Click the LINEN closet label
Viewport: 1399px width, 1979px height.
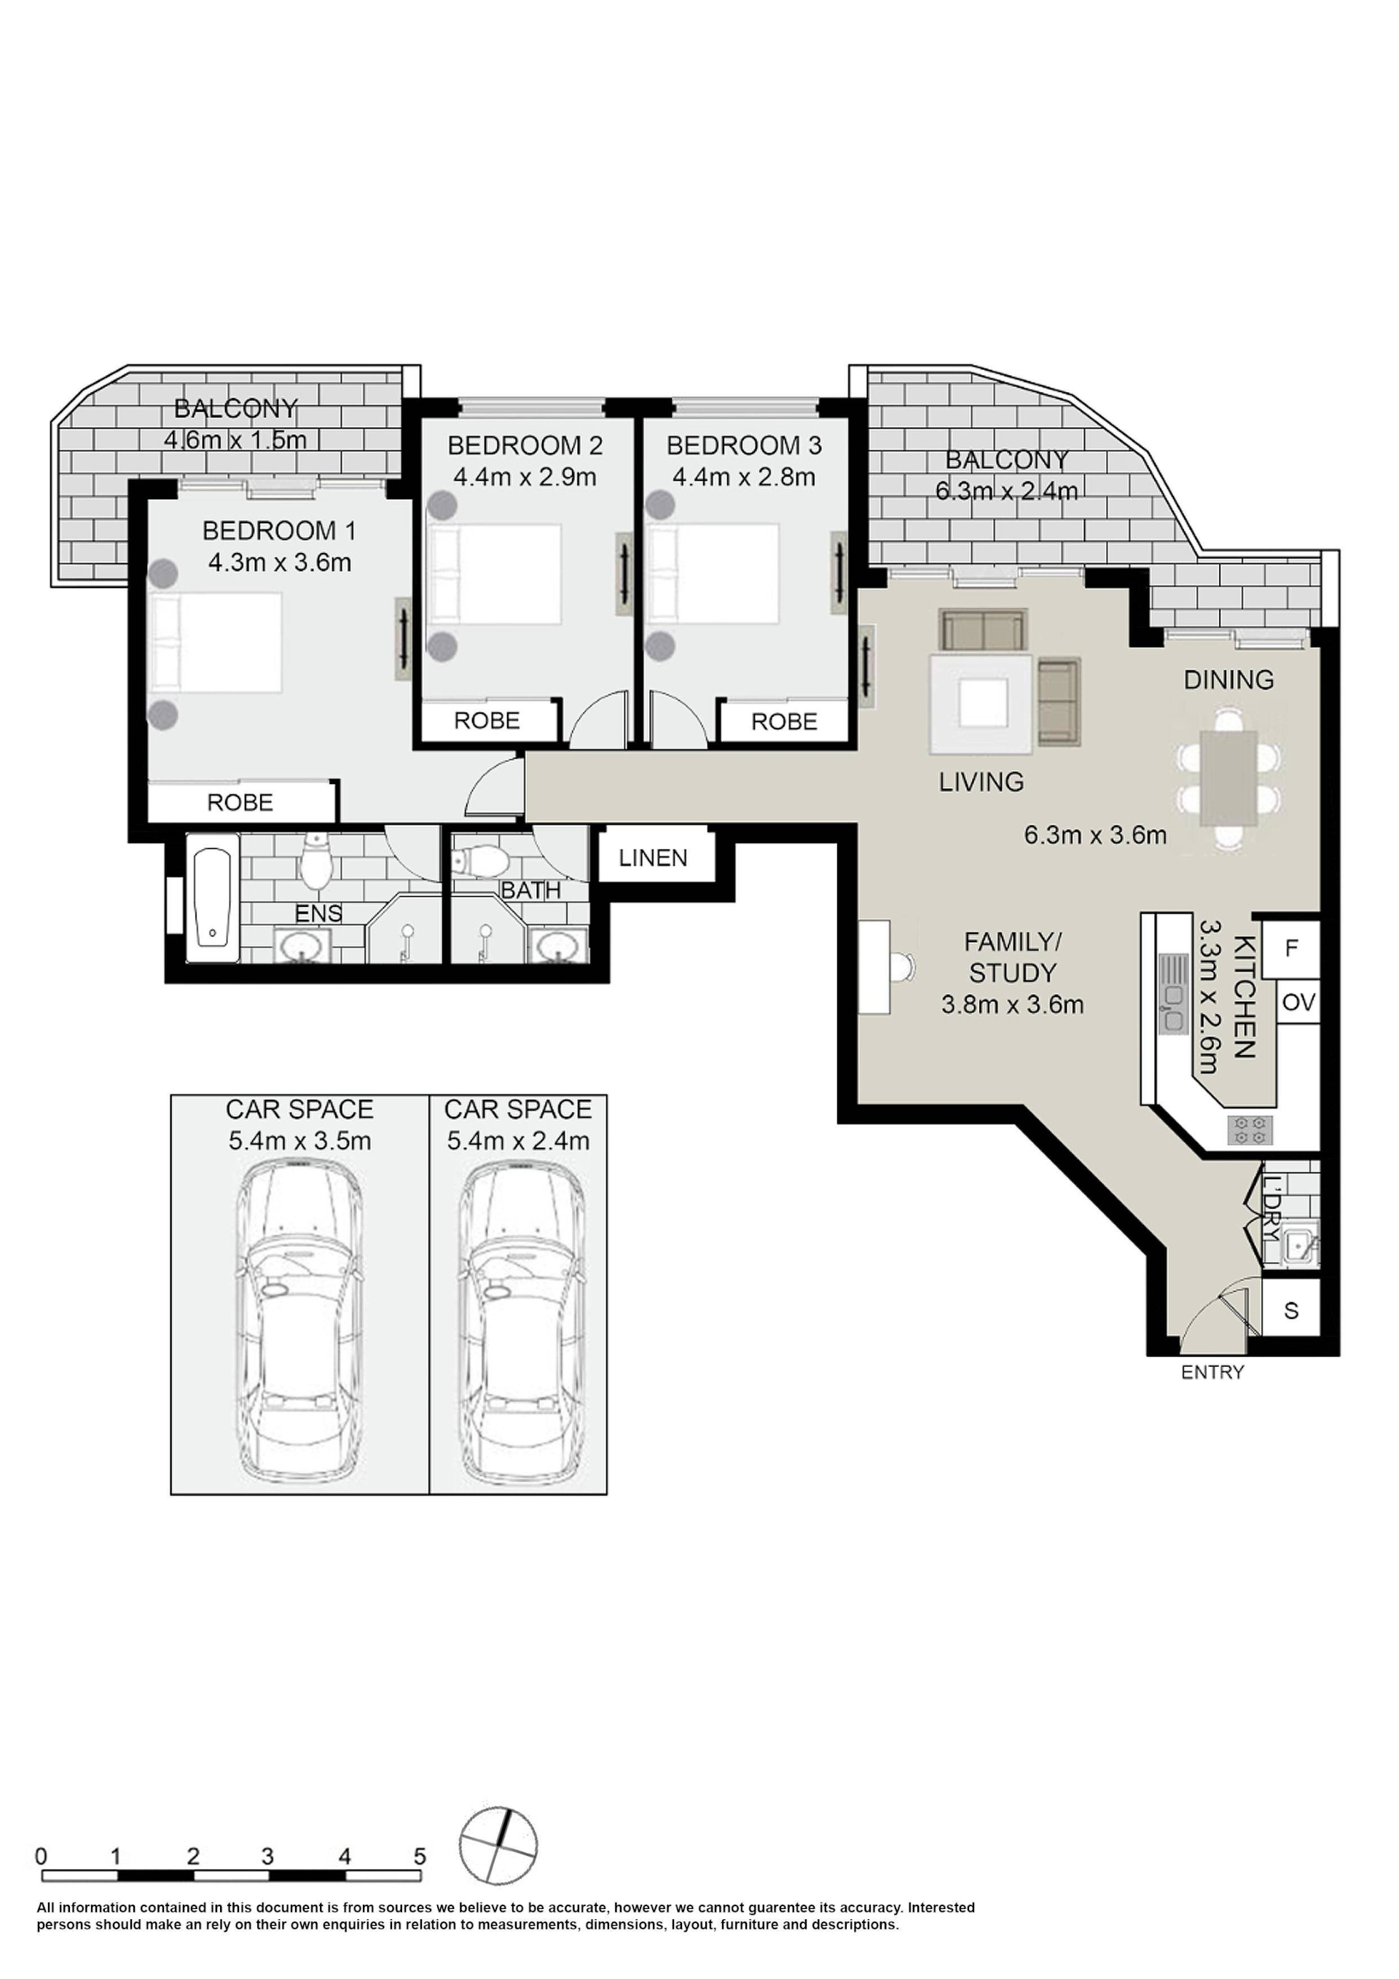(653, 858)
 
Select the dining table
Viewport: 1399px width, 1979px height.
(1228, 778)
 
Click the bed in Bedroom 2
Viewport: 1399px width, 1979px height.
(495, 574)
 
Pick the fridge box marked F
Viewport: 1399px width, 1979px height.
(1291, 949)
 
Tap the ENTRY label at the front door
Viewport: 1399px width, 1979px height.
(1212, 1372)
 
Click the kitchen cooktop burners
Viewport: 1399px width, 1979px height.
(1250, 1130)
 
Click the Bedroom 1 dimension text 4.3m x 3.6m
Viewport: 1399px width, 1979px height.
(279, 563)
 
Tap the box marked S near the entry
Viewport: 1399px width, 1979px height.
(1290, 1311)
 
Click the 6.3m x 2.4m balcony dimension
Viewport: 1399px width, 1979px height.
(1007, 491)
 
